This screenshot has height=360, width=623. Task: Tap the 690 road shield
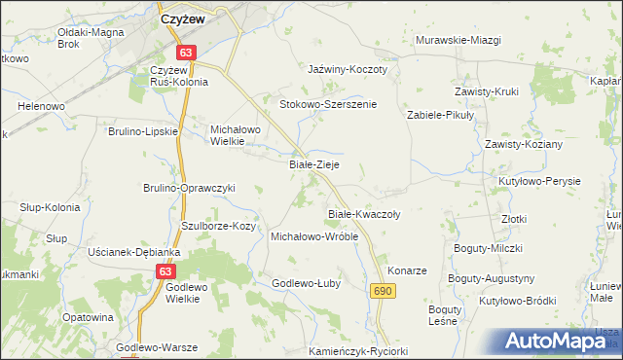pos(383,291)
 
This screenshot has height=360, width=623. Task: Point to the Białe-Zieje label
pos(314,165)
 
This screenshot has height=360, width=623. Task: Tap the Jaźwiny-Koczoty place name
pos(348,70)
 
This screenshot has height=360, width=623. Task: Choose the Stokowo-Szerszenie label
pos(328,104)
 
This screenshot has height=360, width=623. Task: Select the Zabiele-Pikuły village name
pos(439,115)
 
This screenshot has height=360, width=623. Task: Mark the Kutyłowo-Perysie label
pos(538,182)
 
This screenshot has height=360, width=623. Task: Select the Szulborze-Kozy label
pos(219,226)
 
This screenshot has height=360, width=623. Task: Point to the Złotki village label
pos(514,220)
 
